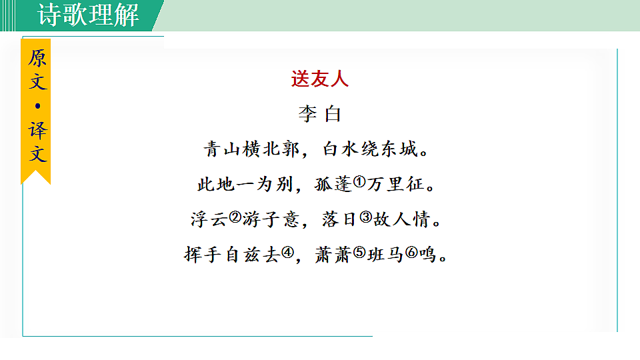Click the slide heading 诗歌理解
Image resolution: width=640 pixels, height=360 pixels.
point(89,15)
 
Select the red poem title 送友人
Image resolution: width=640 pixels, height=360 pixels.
point(320,79)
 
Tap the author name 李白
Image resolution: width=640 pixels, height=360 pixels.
point(320,114)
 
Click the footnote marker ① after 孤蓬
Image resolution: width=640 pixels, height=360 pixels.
point(359,181)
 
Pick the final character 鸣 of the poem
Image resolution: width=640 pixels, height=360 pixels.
point(429,255)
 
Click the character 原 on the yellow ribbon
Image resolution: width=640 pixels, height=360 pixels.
point(37,58)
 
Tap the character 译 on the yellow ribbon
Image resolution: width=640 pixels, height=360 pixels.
point(37,130)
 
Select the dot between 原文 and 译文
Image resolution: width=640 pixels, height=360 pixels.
point(37,105)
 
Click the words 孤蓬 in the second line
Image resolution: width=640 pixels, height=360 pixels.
point(333,184)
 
